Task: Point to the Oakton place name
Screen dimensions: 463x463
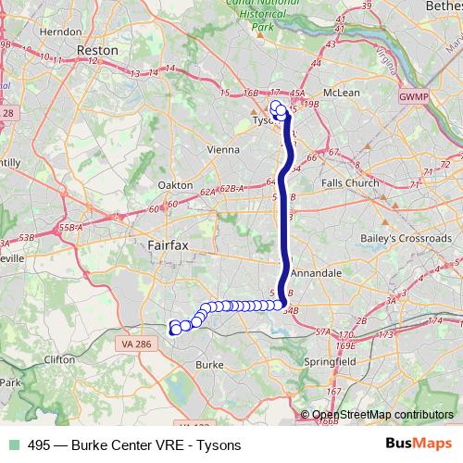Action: (x=176, y=184)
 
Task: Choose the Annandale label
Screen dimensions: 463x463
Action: (x=318, y=275)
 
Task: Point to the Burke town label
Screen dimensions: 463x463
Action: (x=210, y=365)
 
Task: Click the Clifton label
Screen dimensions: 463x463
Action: (x=59, y=358)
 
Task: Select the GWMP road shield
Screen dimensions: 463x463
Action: (x=409, y=95)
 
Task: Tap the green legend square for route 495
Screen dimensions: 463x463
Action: (x=11, y=445)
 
